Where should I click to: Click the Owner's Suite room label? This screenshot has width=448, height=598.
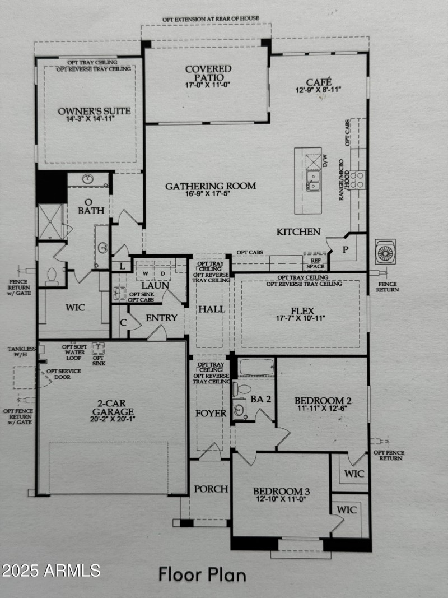[x=94, y=111]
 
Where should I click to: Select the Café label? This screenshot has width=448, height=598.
[x=318, y=81]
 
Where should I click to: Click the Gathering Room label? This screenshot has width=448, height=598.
[x=210, y=186]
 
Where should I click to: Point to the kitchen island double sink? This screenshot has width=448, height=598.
[x=313, y=181]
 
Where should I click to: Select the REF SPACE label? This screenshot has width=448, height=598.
[x=315, y=263]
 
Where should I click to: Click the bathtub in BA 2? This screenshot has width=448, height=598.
[x=256, y=368]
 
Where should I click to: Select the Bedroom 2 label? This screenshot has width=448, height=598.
[x=323, y=401]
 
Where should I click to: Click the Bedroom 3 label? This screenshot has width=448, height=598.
[x=281, y=492]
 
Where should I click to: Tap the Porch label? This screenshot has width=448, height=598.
[x=211, y=489]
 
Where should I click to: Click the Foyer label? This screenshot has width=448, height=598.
[x=211, y=414]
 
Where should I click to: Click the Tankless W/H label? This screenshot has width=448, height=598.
[x=21, y=351]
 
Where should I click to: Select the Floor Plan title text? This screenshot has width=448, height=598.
[x=202, y=574]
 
